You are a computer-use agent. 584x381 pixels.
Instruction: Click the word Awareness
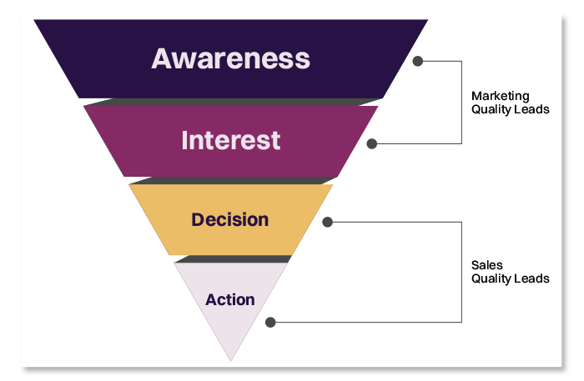click(230, 58)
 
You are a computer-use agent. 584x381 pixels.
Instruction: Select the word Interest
click(230, 139)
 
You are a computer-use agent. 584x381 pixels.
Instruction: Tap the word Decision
click(230, 220)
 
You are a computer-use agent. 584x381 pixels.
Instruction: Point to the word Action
click(230, 299)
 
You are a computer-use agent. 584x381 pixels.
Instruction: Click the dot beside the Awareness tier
click(418, 61)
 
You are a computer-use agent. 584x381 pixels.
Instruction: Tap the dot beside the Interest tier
click(372, 143)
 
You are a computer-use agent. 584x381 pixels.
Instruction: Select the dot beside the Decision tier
click(327, 223)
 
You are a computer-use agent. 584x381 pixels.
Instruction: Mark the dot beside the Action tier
click(269, 322)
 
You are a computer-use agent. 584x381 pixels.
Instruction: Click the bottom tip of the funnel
click(231, 358)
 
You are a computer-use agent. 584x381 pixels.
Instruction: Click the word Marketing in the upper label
click(501, 96)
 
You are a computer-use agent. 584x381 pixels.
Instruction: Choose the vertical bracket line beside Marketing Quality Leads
click(461, 102)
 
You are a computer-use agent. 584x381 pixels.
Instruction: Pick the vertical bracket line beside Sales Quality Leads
click(461, 272)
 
